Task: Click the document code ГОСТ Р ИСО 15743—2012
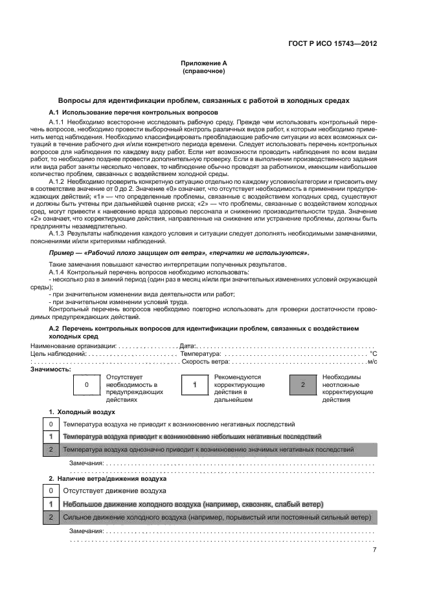point(332,44)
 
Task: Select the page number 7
point(374,551)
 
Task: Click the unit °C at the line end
point(372,354)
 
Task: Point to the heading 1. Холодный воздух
point(82,412)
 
